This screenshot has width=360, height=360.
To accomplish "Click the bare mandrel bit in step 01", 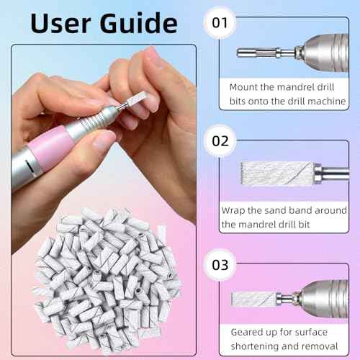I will coord(259,53).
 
